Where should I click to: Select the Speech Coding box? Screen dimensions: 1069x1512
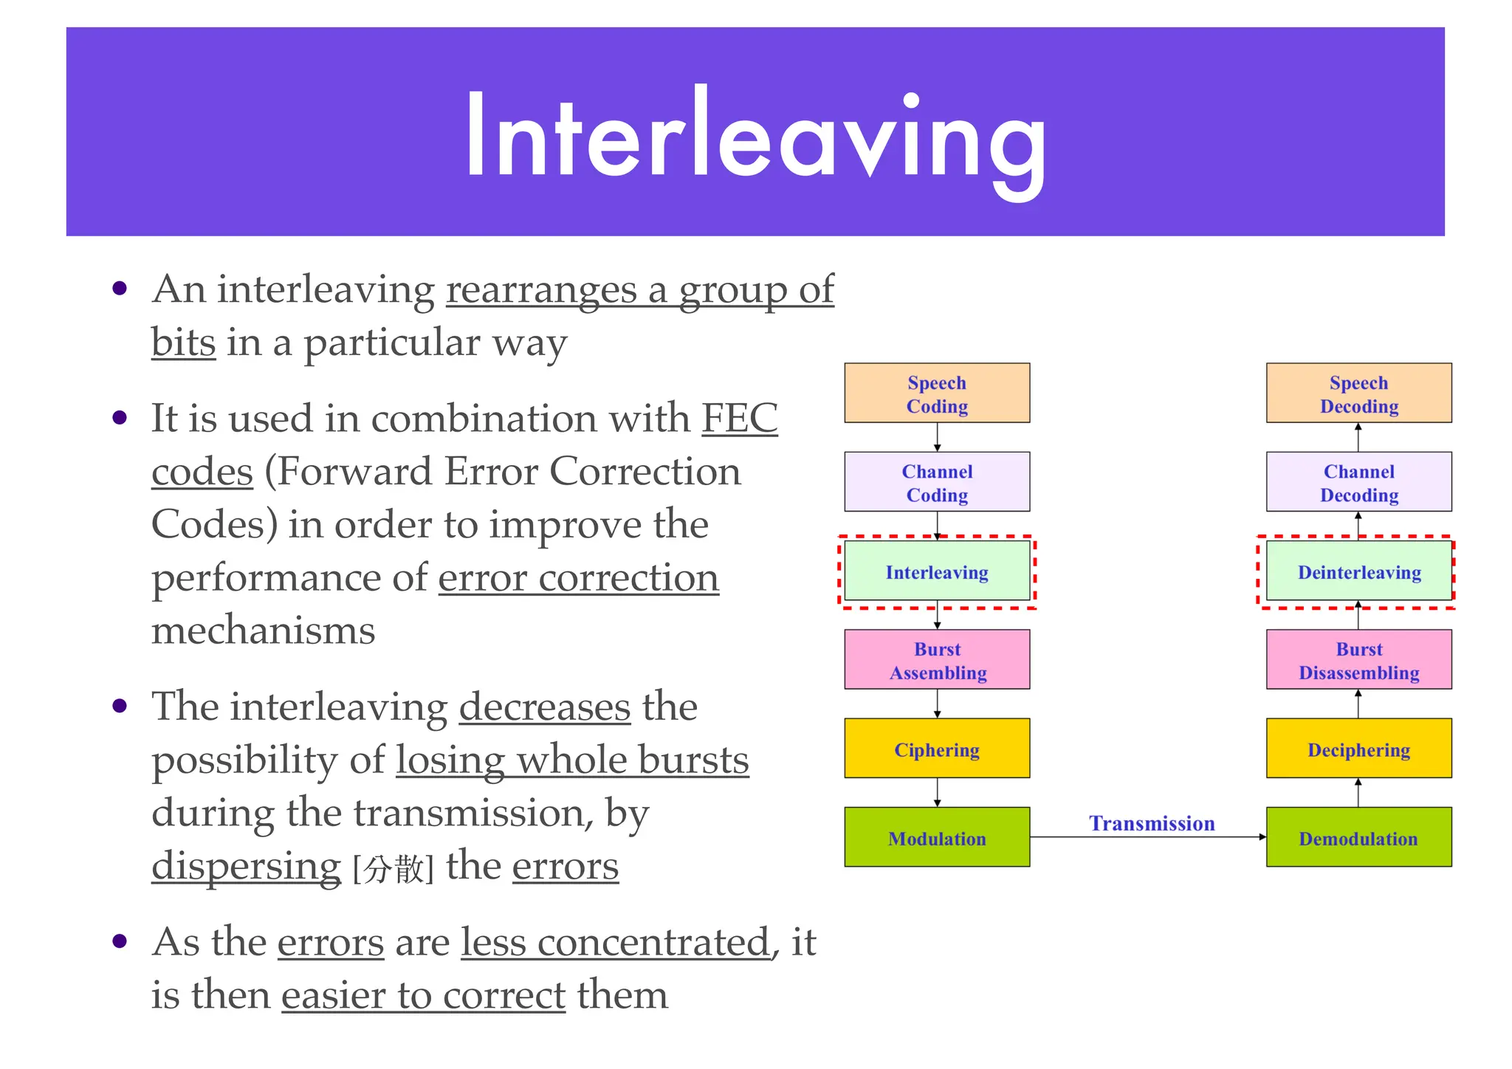click(937, 393)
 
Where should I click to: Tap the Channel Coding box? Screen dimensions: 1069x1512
click(937, 481)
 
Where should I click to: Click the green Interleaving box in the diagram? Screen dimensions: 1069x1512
click(937, 571)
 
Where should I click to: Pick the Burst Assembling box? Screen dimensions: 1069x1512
click(937, 659)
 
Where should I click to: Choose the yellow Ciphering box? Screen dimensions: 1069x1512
click(937, 749)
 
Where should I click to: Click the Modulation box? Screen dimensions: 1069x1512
click(937, 837)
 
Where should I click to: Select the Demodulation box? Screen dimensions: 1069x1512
click(1358, 837)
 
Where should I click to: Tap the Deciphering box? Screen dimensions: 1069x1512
click(1358, 749)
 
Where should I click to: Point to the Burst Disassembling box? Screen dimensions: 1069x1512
click(1358, 659)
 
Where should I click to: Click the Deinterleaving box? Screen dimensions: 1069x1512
click(1358, 571)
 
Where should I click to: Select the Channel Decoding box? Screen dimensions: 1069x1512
click(1358, 481)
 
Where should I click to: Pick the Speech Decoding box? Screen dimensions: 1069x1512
click(1358, 393)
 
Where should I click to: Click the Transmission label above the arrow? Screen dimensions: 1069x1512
click(1152, 823)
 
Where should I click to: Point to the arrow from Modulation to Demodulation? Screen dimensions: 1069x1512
click(1148, 837)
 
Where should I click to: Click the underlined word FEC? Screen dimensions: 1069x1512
click(739, 418)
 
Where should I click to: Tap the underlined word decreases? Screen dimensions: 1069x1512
click(545, 707)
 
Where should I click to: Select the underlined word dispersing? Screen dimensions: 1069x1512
click(246, 866)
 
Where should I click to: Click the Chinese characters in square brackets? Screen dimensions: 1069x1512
click(394, 869)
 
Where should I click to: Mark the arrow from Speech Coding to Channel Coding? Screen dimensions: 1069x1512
click(937, 437)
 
